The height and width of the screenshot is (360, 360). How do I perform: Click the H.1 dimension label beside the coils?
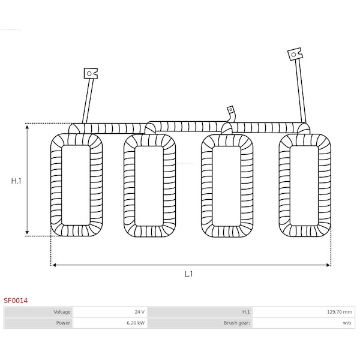pyautogui.click(x=16, y=181)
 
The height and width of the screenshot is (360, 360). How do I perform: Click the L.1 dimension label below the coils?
pyautogui.click(x=188, y=274)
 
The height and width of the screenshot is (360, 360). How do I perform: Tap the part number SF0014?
pyautogui.click(x=16, y=301)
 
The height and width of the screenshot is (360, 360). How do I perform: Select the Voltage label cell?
pyautogui.click(x=38, y=312)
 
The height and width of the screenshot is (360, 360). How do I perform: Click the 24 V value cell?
pyautogui.click(x=110, y=312)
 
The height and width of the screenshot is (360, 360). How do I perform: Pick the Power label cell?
pyautogui.click(x=38, y=323)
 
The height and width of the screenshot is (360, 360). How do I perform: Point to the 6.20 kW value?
pyautogui.click(x=136, y=323)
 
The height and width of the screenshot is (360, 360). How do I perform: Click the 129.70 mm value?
pyautogui.click(x=340, y=312)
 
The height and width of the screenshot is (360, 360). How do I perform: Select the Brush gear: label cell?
pyautogui.click(x=200, y=323)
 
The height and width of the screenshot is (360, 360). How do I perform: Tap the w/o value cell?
pyautogui.click(x=304, y=323)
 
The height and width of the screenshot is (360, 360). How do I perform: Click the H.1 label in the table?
pyautogui.click(x=246, y=312)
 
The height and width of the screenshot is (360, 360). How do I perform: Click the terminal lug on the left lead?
pyautogui.click(x=91, y=73)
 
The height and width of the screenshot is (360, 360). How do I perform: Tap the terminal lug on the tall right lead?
pyautogui.click(x=295, y=54)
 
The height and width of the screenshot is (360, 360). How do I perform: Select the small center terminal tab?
pyautogui.click(x=230, y=110)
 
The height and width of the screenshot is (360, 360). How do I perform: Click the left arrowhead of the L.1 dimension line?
pyautogui.click(x=54, y=265)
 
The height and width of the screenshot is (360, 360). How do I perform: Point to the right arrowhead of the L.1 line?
pyautogui.click(x=328, y=265)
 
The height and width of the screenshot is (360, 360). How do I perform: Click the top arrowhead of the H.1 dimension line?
pyautogui.click(x=27, y=127)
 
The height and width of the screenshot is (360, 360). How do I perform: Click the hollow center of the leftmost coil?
pyautogui.click(x=76, y=185)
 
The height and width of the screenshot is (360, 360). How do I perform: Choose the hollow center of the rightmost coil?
pyautogui.click(x=304, y=185)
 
